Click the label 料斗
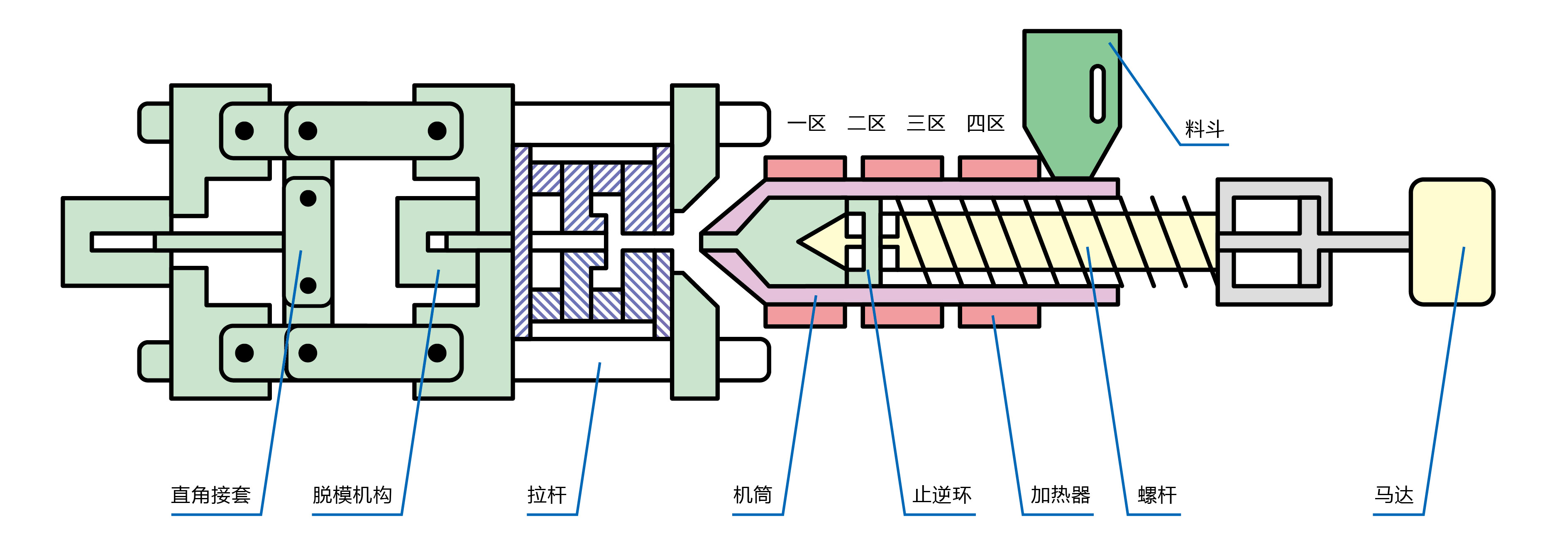1204,129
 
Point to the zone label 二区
866,123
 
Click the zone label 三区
926,123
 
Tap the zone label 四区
986,123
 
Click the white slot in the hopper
1098,93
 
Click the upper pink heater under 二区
902,167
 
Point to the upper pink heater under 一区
805,167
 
